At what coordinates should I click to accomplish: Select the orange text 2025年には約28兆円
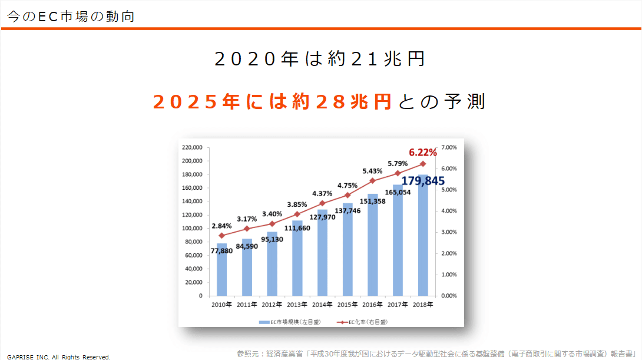(x=272, y=102)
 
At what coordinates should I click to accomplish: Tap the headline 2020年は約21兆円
(x=320, y=59)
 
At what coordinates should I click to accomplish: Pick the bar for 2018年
(x=423, y=236)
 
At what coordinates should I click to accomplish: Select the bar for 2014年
(x=322, y=253)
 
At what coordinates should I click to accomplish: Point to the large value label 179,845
(x=423, y=181)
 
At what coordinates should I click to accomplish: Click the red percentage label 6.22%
(x=422, y=152)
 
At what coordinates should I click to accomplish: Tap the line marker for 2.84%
(x=221, y=235)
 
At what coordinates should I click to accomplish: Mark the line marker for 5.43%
(x=372, y=181)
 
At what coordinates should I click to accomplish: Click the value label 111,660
(x=297, y=228)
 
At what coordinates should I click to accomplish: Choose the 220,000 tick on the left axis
(x=193, y=147)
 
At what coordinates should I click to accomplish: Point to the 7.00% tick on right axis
(x=449, y=147)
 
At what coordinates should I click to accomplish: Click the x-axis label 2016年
(x=372, y=305)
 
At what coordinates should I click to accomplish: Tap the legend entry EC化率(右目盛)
(x=363, y=322)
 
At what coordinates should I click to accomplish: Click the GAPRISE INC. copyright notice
(x=58, y=356)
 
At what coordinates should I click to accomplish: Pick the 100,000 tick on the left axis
(x=193, y=228)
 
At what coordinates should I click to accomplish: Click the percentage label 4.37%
(x=322, y=193)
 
